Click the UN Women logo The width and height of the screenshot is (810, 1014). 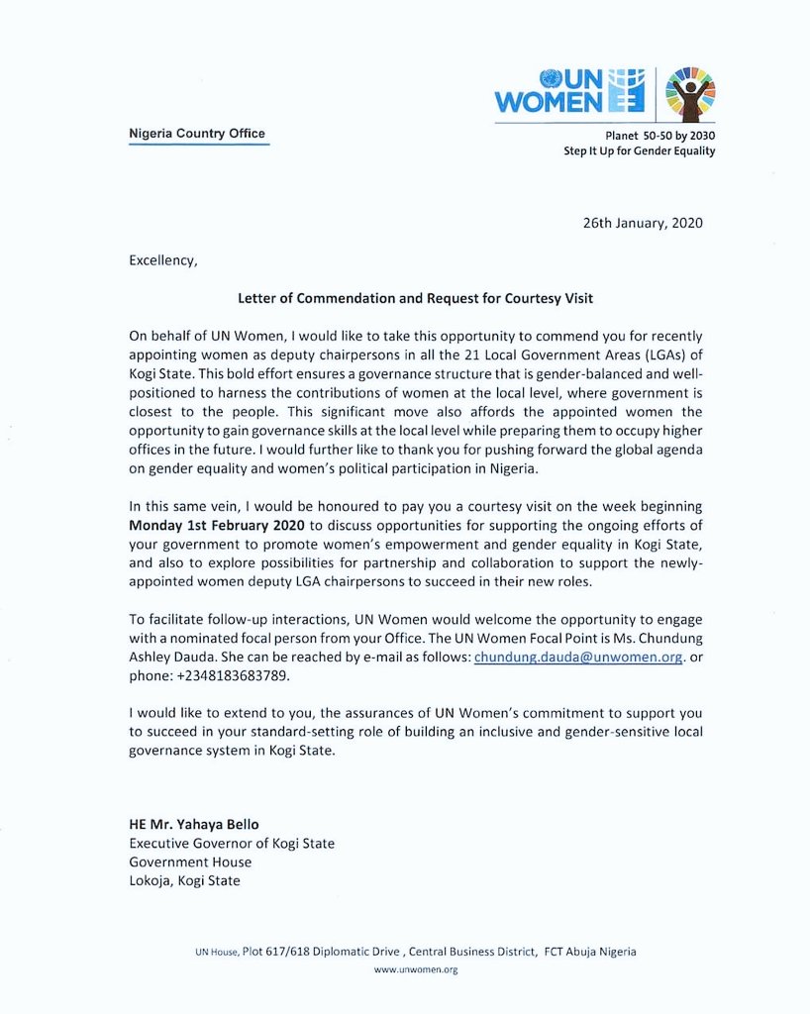(569, 91)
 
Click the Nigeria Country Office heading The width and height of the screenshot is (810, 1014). (198, 134)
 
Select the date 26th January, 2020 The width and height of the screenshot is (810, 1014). (643, 223)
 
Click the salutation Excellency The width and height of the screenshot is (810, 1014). (163, 261)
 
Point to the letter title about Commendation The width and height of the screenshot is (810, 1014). (415, 298)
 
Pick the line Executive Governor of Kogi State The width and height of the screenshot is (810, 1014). (232, 844)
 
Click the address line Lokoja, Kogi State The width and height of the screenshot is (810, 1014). (184, 881)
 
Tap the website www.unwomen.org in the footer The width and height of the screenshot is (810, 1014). (415, 970)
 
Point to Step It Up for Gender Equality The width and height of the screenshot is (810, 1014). (639, 152)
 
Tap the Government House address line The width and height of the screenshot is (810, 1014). (190, 862)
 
